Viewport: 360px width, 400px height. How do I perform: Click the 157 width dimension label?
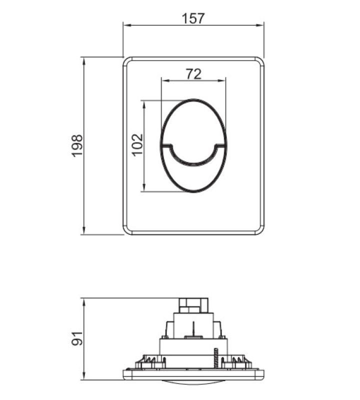coord(193,18)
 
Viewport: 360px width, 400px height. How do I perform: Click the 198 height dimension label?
coord(77,145)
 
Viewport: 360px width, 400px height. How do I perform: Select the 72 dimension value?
coord(193,74)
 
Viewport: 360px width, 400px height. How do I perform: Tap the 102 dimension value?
coord(137,144)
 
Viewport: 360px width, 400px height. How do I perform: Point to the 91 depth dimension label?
coord(77,338)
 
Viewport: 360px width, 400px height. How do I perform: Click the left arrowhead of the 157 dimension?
coord(127,25)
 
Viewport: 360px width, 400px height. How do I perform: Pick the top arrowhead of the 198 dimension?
coord(83,61)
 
